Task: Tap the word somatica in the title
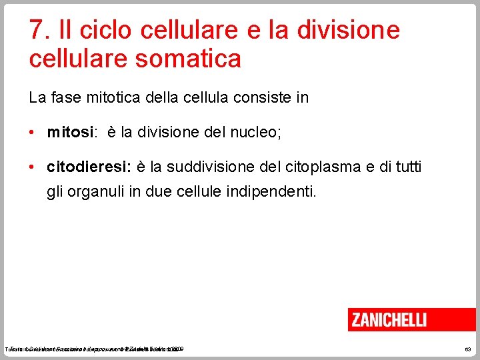[190, 59]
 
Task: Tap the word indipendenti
[272, 193]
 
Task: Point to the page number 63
[467, 349]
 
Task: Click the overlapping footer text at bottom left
[93, 349]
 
